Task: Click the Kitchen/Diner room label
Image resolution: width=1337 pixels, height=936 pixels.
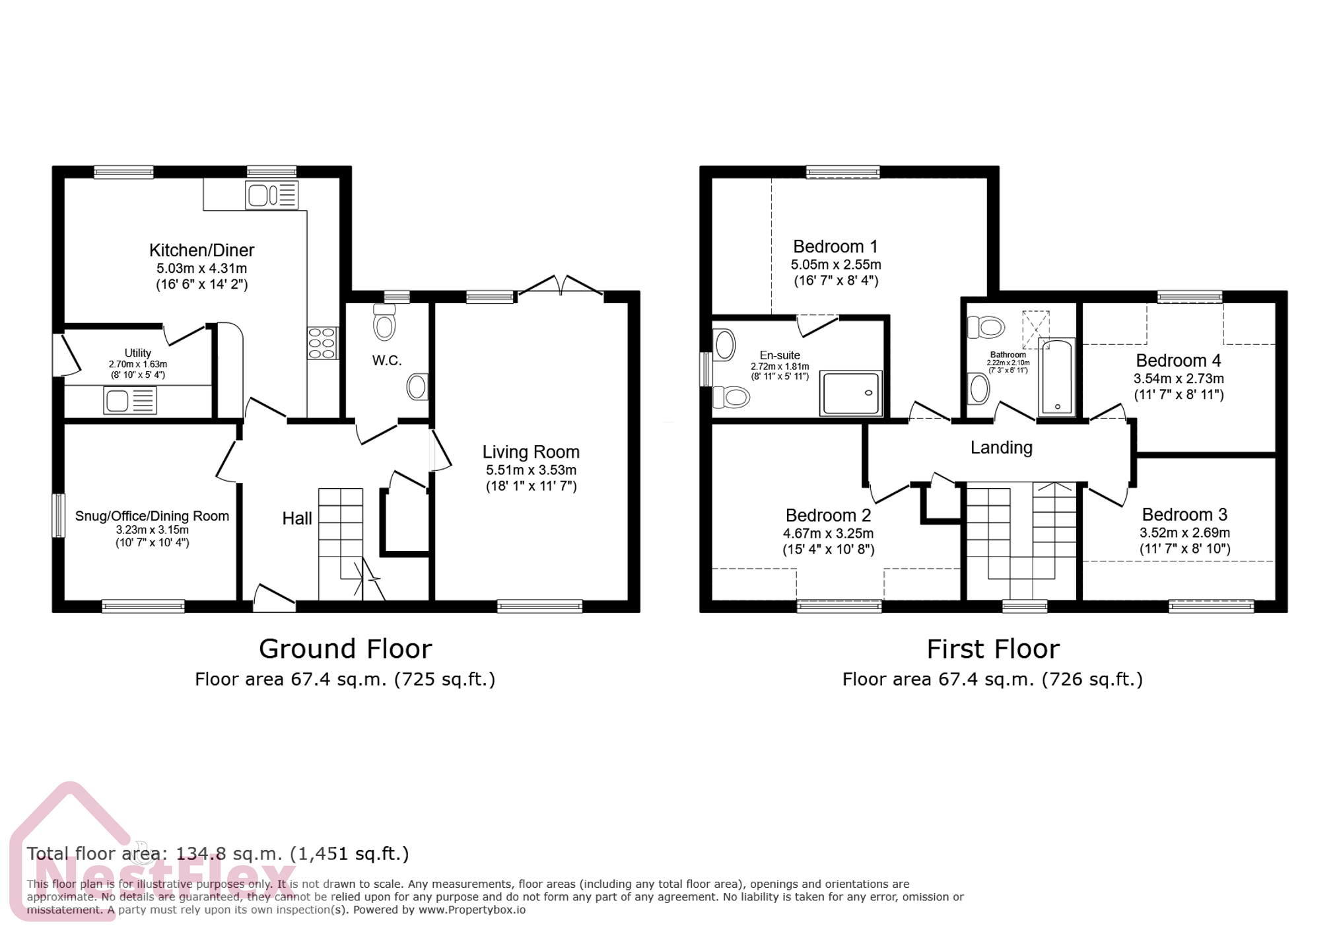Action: (x=201, y=250)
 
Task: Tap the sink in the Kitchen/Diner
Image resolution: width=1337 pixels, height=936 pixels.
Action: (x=271, y=196)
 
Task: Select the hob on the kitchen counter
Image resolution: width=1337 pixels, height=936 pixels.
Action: (x=322, y=343)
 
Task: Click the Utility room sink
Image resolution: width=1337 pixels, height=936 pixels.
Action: (x=129, y=400)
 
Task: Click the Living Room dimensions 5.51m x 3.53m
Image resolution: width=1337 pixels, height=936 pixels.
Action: (x=531, y=470)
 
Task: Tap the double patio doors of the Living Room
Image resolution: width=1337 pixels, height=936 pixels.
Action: (x=561, y=285)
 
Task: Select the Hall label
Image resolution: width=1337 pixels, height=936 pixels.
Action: (x=297, y=519)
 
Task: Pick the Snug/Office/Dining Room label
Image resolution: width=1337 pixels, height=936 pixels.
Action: (x=152, y=516)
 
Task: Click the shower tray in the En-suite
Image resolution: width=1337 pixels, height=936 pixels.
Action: (x=850, y=393)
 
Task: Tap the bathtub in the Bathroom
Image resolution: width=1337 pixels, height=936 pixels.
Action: (x=1056, y=378)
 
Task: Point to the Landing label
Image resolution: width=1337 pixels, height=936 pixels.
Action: (x=1001, y=448)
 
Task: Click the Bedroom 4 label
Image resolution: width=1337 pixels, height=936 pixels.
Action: (x=1178, y=361)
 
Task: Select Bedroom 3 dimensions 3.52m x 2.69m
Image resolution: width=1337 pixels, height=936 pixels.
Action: (x=1184, y=533)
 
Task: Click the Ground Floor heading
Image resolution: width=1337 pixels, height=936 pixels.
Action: (x=345, y=649)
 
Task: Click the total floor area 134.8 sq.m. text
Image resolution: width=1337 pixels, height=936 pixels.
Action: (x=218, y=853)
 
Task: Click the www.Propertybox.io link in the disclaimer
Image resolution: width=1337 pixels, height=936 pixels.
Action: (x=472, y=910)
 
